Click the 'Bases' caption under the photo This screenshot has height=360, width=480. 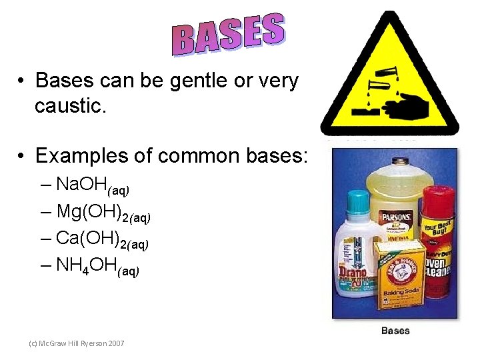tap(395, 331)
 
